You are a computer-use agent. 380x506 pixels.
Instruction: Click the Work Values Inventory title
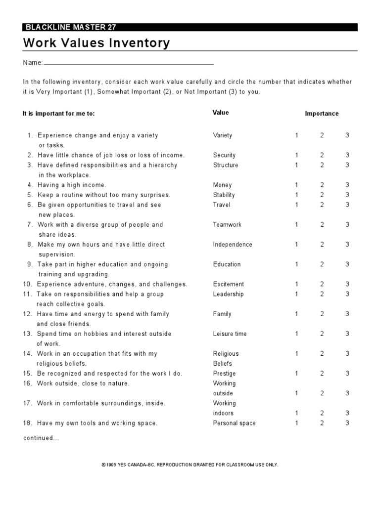click(96, 43)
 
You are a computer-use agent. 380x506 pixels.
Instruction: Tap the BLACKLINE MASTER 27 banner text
click(70, 28)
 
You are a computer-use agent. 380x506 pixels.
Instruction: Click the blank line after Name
click(129, 64)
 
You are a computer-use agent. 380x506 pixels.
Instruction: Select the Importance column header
click(322, 114)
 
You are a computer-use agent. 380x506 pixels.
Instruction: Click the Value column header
click(221, 113)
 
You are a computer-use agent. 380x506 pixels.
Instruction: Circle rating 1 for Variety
click(297, 135)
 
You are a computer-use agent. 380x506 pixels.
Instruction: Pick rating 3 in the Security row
click(347, 155)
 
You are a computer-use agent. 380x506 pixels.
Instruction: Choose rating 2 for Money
click(322, 185)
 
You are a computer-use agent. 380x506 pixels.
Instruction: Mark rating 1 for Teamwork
click(297, 225)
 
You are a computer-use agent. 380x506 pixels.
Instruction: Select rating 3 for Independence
click(347, 245)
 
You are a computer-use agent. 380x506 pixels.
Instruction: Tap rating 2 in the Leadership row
click(322, 294)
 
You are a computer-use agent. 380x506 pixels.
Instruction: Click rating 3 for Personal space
click(347, 423)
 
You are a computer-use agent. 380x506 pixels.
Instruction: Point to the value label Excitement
click(228, 284)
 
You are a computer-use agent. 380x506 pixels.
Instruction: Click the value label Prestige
click(224, 374)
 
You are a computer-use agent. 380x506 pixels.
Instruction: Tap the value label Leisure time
click(230, 334)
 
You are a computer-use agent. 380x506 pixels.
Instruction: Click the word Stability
click(224, 195)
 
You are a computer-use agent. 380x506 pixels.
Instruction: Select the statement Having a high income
click(72, 185)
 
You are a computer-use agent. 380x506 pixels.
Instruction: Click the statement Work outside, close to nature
click(83, 383)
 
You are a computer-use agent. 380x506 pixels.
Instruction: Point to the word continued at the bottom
click(41, 438)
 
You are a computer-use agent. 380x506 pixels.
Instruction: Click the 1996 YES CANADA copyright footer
click(190, 465)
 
